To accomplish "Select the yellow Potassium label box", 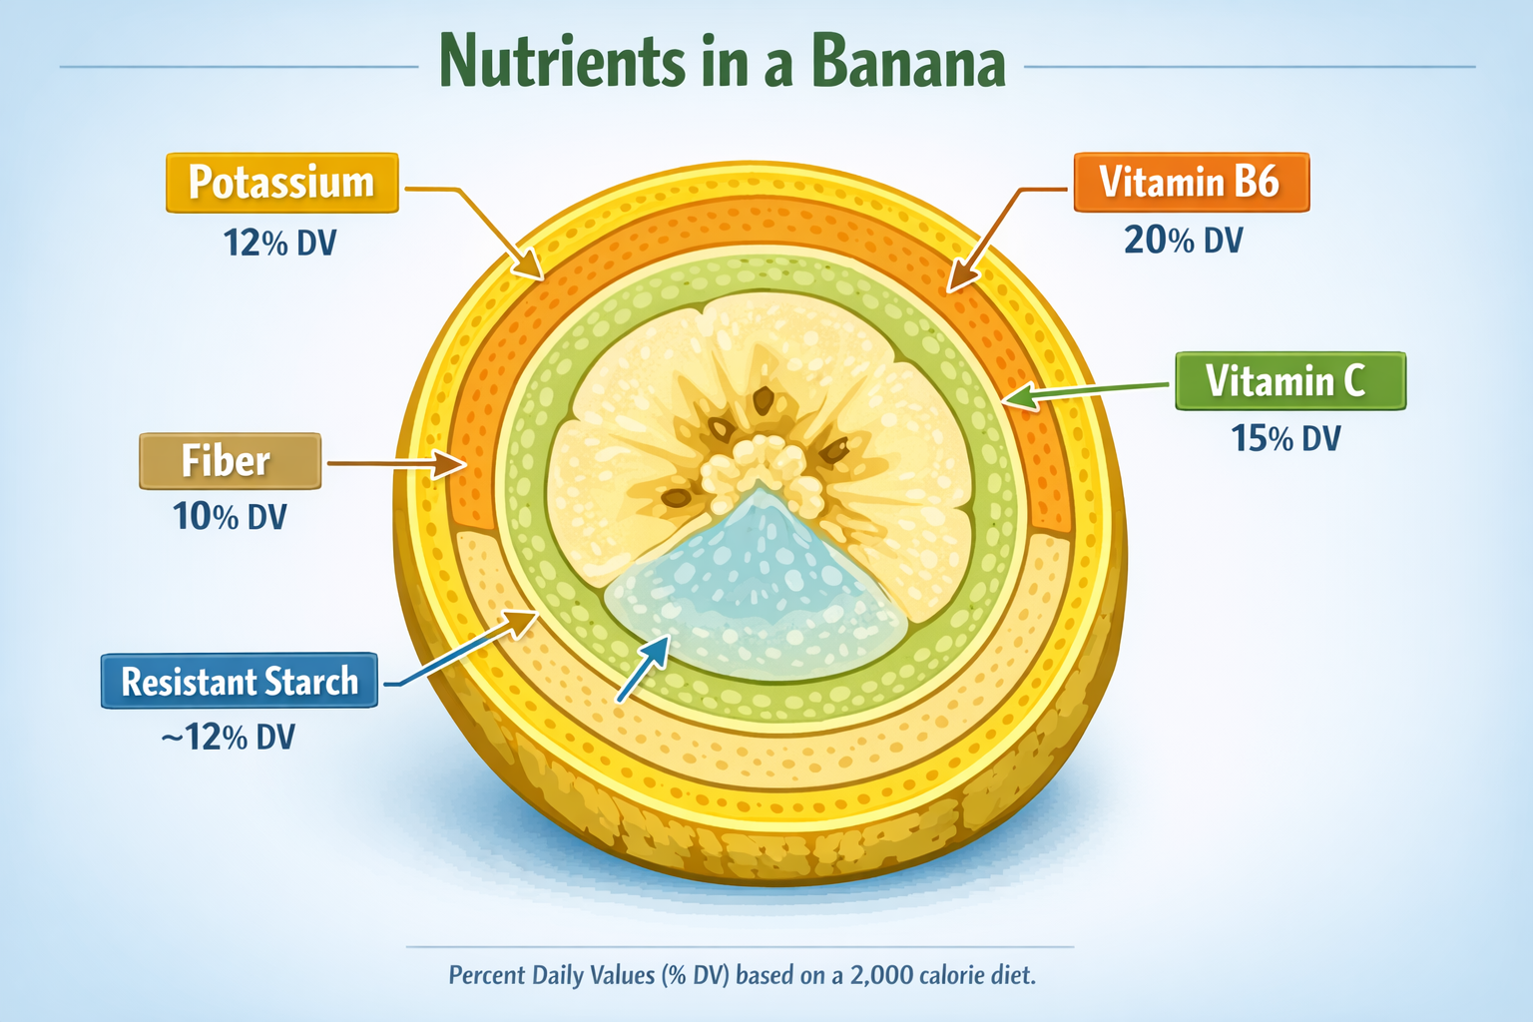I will pos(281,183).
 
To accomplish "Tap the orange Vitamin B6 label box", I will pos(1191,183).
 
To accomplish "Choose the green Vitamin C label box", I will pos(1289,381).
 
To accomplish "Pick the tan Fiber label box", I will pos(230,461).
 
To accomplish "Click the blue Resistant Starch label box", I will pos(240,682).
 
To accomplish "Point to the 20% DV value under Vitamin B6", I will pos(1183,241).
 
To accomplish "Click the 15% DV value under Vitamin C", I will pos(1285,438).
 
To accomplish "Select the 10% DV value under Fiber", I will pos(230,517).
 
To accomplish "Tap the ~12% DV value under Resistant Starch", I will pos(229,738).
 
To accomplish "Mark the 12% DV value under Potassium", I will pos(280,243).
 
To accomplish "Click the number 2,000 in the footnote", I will pos(882,975).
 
